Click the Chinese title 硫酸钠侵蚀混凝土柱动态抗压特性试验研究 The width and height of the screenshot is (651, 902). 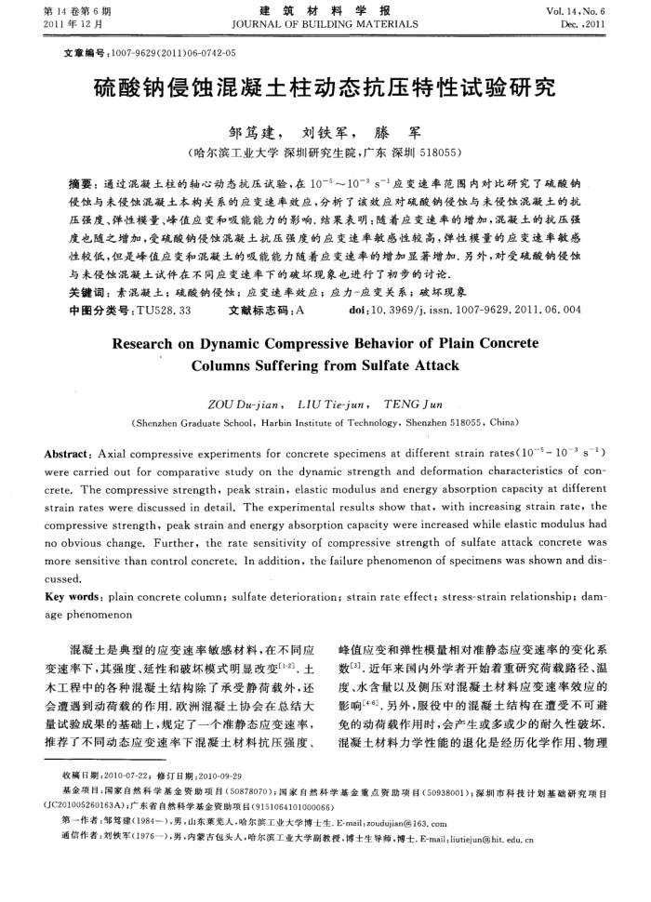tap(325, 89)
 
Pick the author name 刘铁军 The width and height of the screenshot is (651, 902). tap(325, 134)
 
